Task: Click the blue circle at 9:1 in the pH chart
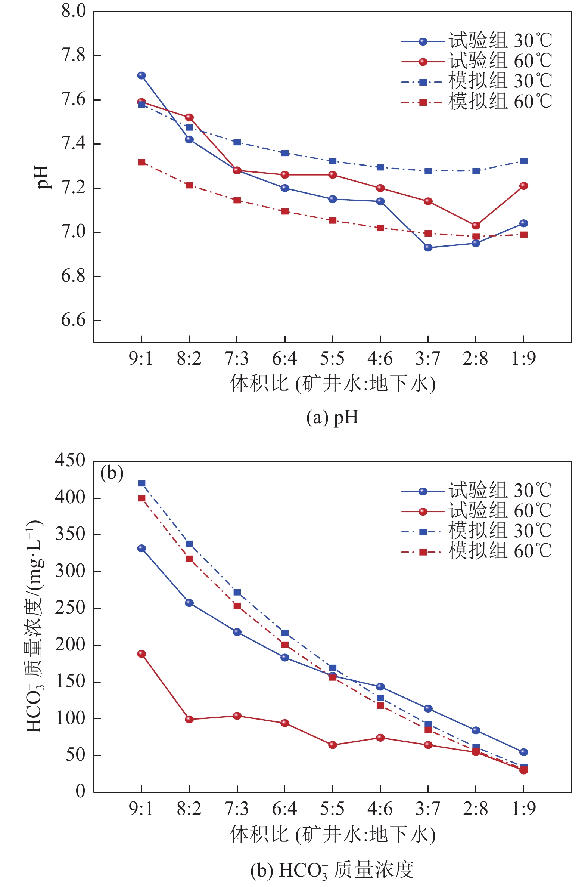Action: pos(141,75)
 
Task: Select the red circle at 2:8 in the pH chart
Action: pos(476,226)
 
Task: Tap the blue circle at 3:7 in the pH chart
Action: pos(428,248)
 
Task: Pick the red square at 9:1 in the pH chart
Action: pos(141,162)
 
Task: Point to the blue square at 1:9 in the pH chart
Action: pos(524,161)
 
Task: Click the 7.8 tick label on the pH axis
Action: pos(74,56)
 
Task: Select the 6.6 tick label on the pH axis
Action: pos(74,321)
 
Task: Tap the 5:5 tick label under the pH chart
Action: pos(332,359)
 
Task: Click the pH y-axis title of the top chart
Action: pos(43,177)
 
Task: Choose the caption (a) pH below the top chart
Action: pos(332,417)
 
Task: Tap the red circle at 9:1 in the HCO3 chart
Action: pos(141,654)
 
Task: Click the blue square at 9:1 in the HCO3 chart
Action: pos(141,483)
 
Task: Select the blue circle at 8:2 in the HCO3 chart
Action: pos(189,603)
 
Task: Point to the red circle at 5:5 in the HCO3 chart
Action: pos(333,745)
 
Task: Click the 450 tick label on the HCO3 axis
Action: pos(70,460)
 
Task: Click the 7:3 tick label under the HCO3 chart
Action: pos(237,809)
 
